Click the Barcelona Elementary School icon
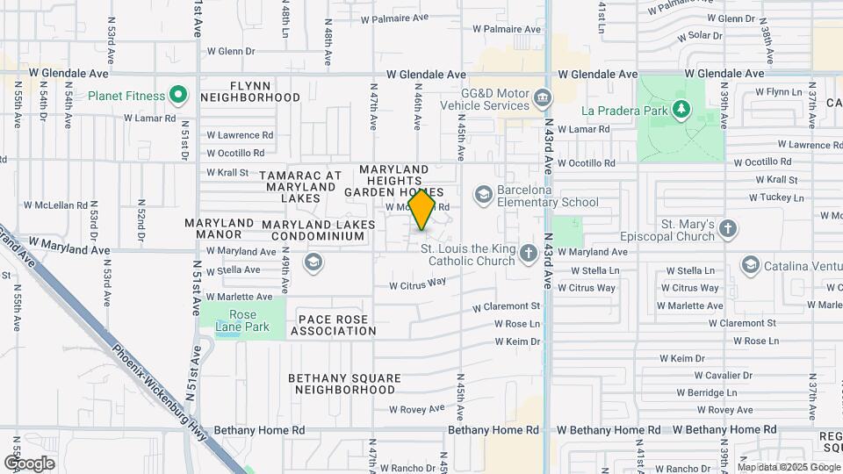tap(482, 193)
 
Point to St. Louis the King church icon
tap(528, 254)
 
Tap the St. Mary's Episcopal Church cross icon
tap(727, 230)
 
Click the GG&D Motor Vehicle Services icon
tap(543, 95)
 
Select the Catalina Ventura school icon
tap(750, 264)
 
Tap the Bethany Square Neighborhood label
tap(344, 384)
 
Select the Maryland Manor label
tap(219, 229)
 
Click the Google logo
tap(29, 463)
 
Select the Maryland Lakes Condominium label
tap(318, 231)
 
